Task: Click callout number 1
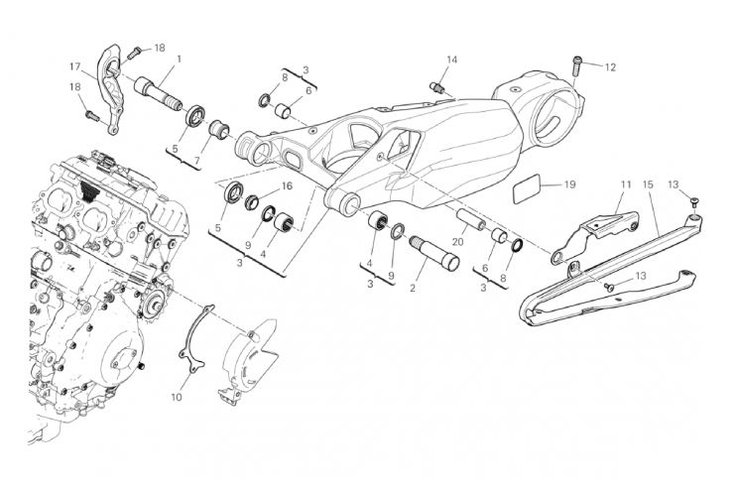pos(178,59)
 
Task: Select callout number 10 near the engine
pos(176,398)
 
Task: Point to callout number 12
pos(610,67)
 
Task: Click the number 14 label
pos(451,61)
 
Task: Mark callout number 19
pos(569,184)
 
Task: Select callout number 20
pos(457,241)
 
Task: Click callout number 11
pos(625,184)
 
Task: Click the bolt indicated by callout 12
pos(577,65)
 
